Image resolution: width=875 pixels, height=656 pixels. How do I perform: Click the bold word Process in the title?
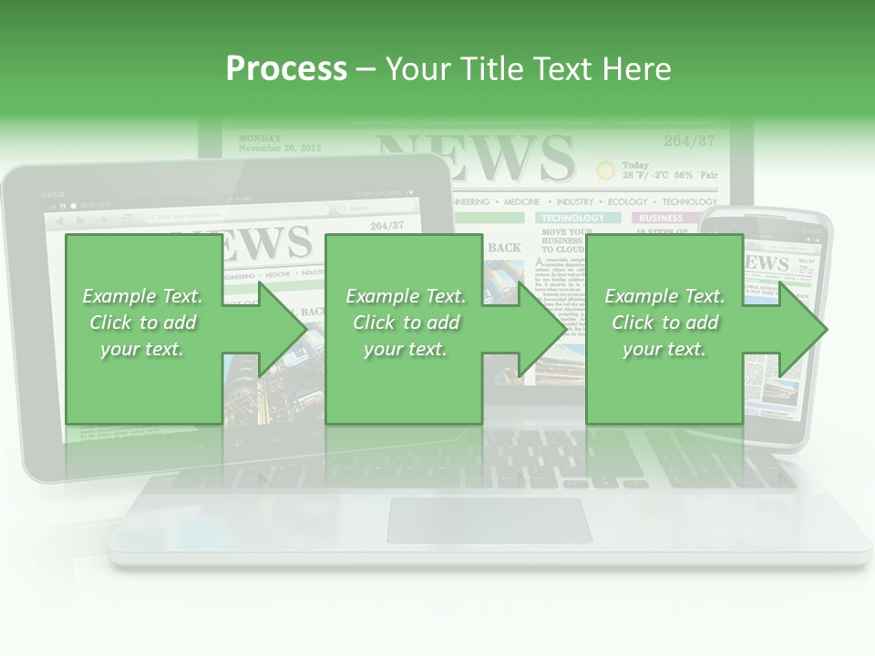click(x=286, y=69)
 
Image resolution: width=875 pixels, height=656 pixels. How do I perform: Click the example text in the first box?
click(x=142, y=322)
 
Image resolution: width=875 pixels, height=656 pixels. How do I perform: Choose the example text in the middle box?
click(x=406, y=322)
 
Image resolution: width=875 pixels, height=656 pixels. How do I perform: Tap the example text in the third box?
click(x=664, y=322)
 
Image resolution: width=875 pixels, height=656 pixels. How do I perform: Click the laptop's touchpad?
click(x=489, y=520)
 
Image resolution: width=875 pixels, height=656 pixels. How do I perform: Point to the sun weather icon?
click(x=605, y=170)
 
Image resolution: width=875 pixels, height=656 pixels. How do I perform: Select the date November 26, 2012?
click(x=279, y=149)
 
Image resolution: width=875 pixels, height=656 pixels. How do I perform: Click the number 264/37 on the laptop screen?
click(x=689, y=140)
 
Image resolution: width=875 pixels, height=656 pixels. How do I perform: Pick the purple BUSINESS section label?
click(x=661, y=219)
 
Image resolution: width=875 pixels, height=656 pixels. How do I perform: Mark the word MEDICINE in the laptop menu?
click(x=521, y=201)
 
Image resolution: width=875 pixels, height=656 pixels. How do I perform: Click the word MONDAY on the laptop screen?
click(x=260, y=138)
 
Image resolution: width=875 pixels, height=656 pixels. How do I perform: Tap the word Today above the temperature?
click(x=637, y=165)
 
